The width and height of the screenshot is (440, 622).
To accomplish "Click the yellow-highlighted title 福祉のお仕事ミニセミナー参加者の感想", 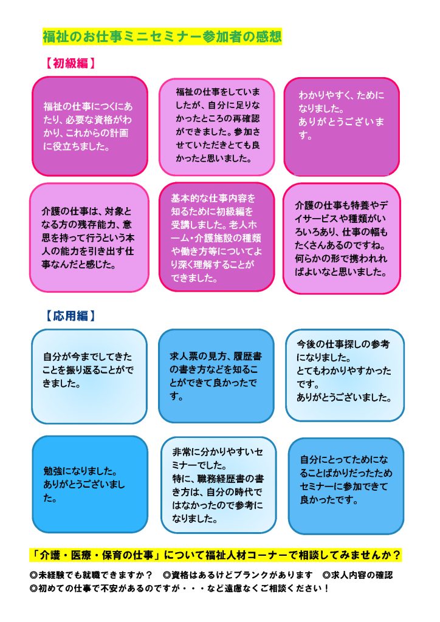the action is click(x=162, y=36).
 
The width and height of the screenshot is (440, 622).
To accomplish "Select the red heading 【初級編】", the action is click(x=70, y=63).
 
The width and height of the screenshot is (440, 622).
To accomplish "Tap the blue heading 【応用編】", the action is click(x=70, y=316).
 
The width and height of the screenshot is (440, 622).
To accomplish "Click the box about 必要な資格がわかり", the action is click(x=90, y=126).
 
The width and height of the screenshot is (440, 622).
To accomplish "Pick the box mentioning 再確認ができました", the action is click(x=216, y=126).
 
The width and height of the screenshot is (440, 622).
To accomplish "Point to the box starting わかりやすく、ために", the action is click(x=342, y=126).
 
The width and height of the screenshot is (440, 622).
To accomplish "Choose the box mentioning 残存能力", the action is click(x=89, y=238).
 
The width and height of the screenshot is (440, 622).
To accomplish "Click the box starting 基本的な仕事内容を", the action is click(x=216, y=237).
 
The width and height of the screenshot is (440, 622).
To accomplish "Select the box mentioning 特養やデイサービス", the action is click(x=342, y=238).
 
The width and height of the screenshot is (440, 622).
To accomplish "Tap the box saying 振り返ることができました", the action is click(x=89, y=376).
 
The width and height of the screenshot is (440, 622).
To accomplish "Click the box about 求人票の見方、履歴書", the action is click(x=216, y=375).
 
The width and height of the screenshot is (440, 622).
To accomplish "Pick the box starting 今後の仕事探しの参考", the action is click(x=345, y=375).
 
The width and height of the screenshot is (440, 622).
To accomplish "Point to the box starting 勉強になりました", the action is click(x=90, y=484).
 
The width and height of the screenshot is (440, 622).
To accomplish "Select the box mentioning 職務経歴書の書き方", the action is click(x=219, y=485).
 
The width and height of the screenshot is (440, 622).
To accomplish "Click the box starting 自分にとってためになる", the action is click(x=346, y=486).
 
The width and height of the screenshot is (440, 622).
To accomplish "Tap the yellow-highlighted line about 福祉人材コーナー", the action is click(x=216, y=555).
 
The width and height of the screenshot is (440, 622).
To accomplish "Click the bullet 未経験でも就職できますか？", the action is click(x=91, y=575).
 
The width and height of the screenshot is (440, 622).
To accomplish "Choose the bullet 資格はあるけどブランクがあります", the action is click(x=238, y=575).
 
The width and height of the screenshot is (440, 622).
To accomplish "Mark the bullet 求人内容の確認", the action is click(x=357, y=575).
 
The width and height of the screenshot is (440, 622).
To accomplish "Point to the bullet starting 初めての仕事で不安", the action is click(x=179, y=588).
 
